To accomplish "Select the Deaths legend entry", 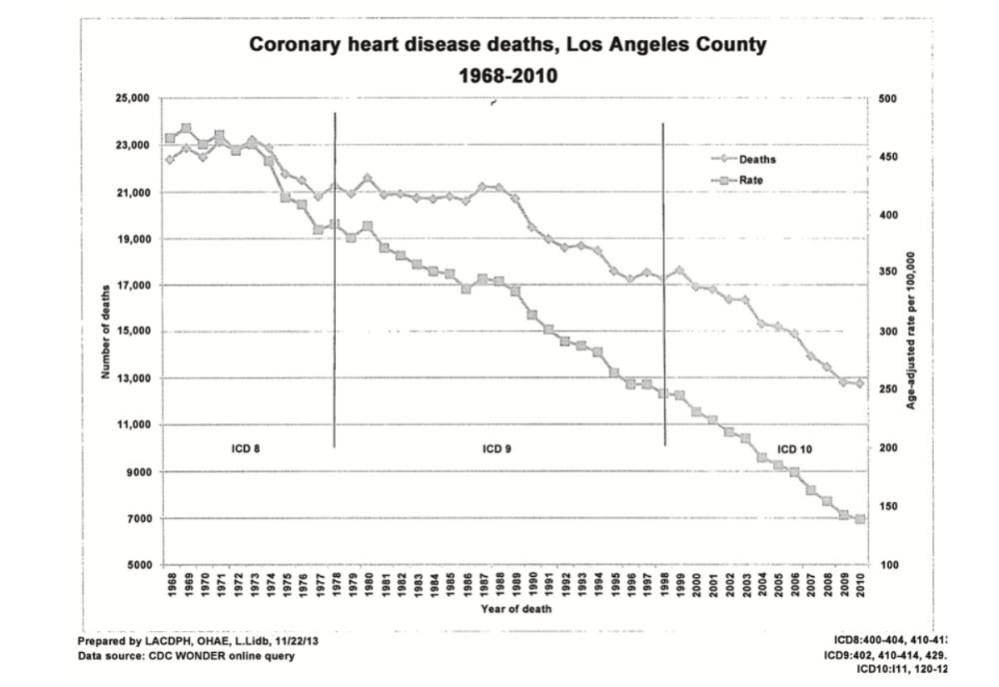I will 757,160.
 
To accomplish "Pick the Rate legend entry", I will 752,180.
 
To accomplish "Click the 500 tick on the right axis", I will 888,99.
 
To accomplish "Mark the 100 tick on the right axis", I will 888,565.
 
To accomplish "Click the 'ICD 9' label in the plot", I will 497,448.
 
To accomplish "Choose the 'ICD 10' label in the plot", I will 795,448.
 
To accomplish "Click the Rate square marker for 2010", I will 859,519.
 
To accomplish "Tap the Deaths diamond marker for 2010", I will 859,383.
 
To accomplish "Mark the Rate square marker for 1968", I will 170,139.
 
